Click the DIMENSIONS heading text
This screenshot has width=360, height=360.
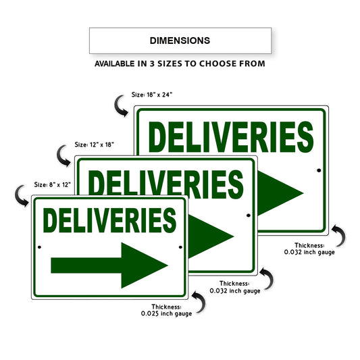180,41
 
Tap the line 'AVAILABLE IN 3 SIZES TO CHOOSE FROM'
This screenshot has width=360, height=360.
180,64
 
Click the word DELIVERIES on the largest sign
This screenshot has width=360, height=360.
231,137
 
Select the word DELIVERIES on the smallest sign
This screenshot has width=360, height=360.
109,221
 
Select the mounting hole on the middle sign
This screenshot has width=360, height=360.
249,215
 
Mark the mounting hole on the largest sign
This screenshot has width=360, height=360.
319,171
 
